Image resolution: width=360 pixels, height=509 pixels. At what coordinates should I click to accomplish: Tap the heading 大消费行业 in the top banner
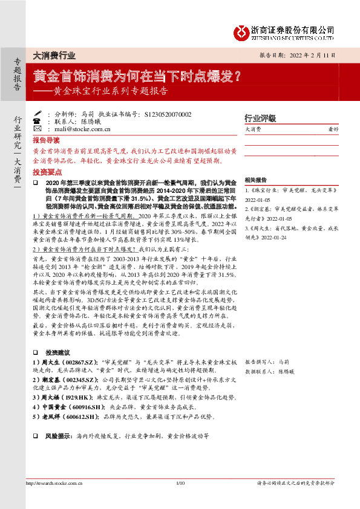pos(54,56)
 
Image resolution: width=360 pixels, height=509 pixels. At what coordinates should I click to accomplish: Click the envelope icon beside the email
pos(38,129)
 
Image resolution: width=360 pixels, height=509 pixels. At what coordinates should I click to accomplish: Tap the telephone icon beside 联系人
pos(38,121)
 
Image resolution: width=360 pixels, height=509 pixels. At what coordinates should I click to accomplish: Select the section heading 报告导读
pos(47,139)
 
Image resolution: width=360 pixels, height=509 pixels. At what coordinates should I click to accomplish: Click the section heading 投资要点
pos(47,171)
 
